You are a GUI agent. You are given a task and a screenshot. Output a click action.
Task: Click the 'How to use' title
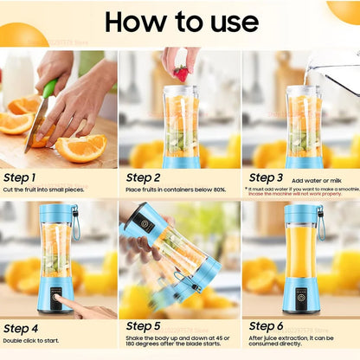coord(181,22)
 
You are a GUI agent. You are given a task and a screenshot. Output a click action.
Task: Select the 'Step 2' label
coord(145,177)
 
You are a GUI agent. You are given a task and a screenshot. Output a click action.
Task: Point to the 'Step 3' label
coord(266,177)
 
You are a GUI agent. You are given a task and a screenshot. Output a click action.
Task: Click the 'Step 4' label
coord(22,328)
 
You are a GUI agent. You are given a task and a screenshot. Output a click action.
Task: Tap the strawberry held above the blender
coord(180,73)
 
